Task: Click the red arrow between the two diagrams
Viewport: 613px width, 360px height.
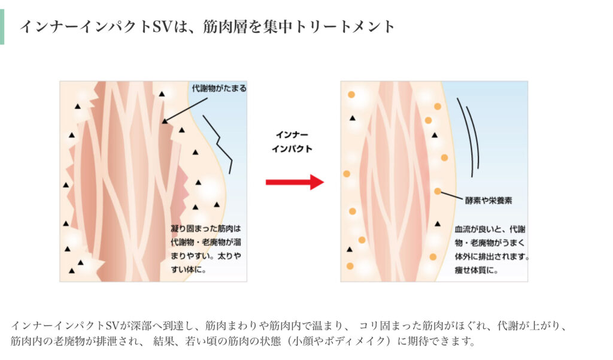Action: [295, 182]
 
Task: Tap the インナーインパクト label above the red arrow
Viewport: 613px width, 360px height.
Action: [292, 142]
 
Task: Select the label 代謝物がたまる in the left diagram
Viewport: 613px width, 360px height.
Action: [219, 89]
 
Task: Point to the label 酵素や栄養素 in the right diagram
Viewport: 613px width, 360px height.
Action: [488, 200]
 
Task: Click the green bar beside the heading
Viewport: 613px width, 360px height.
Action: [2, 26]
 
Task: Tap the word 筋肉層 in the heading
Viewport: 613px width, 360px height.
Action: [225, 26]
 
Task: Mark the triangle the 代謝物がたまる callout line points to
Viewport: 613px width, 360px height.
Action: [165, 122]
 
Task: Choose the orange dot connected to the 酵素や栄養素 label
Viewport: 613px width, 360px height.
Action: [438, 191]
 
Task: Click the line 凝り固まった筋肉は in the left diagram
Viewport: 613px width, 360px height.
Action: [206, 228]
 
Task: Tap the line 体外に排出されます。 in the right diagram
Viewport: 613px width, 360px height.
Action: [492, 257]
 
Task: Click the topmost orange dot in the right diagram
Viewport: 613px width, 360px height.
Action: [351, 94]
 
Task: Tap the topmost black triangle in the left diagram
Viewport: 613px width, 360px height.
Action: [162, 94]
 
